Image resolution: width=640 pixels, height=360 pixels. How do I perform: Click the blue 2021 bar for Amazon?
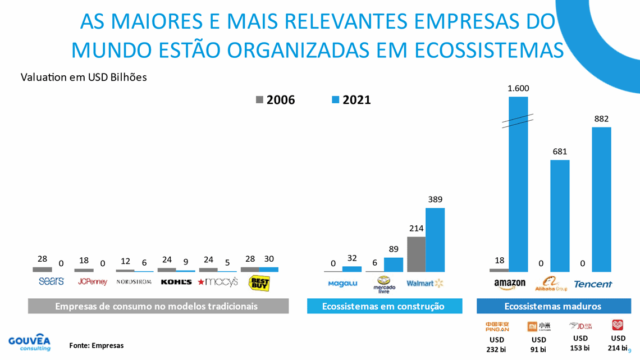click(518, 185)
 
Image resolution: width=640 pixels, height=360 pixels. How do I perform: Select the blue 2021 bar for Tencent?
click(601, 199)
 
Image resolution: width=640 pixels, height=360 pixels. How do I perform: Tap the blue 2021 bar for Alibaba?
click(560, 216)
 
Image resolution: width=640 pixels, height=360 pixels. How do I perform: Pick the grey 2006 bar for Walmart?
click(416, 254)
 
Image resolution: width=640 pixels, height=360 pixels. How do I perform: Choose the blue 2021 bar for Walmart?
click(435, 240)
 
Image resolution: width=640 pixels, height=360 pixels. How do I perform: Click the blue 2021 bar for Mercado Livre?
click(394, 265)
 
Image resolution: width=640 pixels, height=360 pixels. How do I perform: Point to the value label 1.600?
click(518, 88)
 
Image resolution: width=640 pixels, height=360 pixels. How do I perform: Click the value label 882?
click(601, 119)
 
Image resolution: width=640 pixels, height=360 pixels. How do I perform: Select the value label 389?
click(435, 199)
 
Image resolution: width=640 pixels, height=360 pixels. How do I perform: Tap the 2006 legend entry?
click(276, 100)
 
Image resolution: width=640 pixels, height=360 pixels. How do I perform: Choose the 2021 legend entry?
click(351, 100)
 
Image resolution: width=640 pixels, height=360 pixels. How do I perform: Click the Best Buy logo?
click(259, 282)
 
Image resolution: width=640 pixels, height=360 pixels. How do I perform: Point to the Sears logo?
click(52, 281)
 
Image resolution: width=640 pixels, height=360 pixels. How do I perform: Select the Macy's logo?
click(218, 281)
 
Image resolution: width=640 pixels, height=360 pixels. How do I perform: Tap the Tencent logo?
click(593, 284)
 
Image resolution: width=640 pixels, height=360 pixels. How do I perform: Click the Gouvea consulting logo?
click(29, 343)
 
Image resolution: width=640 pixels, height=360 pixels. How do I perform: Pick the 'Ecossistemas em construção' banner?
click(384, 306)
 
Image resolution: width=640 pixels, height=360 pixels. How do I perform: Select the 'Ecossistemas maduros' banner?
click(552, 306)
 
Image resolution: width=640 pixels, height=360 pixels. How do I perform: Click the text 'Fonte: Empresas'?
click(96, 345)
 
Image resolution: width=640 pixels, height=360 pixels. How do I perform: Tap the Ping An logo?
click(497, 326)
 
